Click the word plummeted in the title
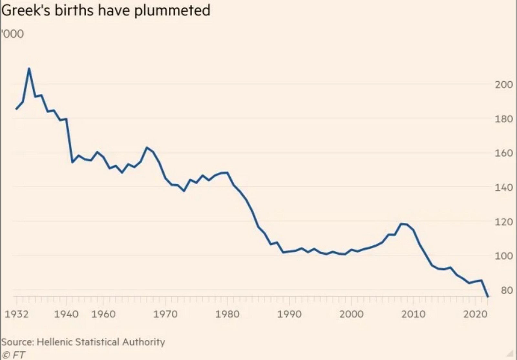(x=172, y=10)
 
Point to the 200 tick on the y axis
(x=504, y=85)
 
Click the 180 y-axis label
(x=504, y=119)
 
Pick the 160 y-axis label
(x=504, y=153)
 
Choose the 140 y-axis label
(x=504, y=188)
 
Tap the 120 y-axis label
(x=504, y=222)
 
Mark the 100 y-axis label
(x=504, y=256)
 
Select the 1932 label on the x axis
(x=16, y=314)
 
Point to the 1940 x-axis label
(x=66, y=314)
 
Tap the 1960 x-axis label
(x=103, y=314)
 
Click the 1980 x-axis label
(x=227, y=314)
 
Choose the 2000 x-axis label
(x=352, y=314)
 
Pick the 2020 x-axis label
(x=475, y=314)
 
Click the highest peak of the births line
(x=29, y=68)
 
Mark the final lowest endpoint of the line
(x=488, y=296)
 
